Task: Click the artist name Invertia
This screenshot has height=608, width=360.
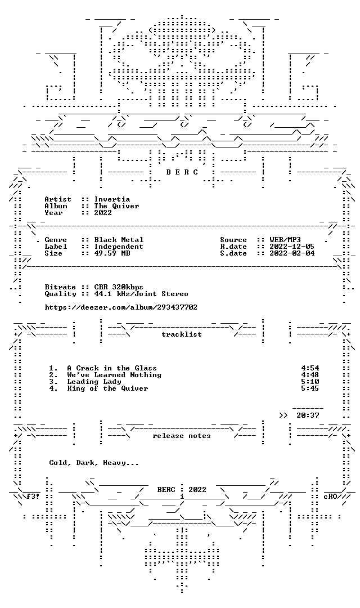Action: click(x=112, y=199)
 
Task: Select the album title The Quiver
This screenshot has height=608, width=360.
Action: click(x=116, y=206)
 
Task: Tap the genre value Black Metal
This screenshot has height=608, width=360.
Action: click(x=119, y=240)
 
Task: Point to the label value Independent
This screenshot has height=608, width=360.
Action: click(x=119, y=247)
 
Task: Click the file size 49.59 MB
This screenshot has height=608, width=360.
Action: click(x=112, y=253)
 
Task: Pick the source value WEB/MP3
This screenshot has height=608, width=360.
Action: click(x=285, y=240)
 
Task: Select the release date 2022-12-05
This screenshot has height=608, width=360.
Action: click(x=292, y=247)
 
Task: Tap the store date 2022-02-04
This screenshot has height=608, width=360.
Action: click(x=292, y=253)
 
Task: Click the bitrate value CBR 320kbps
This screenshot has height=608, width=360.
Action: click(x=119, y=287)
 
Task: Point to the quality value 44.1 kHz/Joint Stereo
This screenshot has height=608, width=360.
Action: click(x=141, y=294)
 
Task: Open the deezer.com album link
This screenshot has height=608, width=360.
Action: click(x=121, y=307)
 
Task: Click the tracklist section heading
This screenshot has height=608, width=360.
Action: click(x=182, y=334)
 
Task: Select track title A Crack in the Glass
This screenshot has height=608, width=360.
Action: click(x=112, y=368)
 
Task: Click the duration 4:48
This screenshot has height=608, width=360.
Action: click(x=310, y=375)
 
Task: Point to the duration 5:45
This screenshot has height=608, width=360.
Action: click(x=310, y=388)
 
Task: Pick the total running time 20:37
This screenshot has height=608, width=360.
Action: click(x=308, y=415)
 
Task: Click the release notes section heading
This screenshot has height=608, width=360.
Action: click(x=182, y=436)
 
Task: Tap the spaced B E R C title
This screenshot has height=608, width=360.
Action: click(x=182, y=172)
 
